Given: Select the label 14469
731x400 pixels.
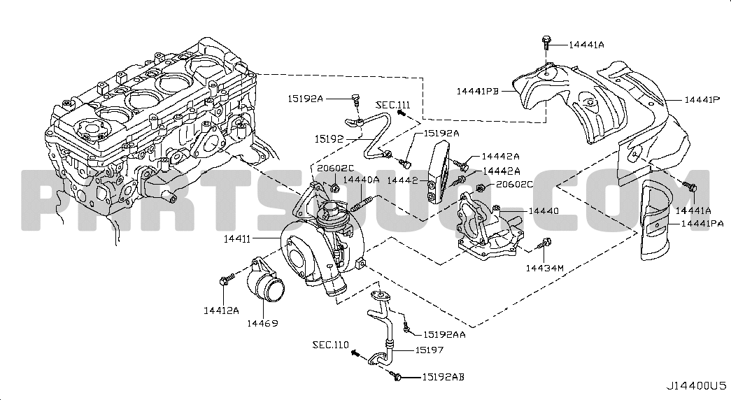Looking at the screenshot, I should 261,323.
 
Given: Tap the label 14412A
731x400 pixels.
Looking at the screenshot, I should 221,310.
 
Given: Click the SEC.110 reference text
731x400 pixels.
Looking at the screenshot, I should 331,345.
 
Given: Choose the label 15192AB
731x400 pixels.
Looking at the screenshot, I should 443,377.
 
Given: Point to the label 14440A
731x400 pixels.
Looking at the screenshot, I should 361,180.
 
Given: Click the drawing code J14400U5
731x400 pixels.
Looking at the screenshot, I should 696,386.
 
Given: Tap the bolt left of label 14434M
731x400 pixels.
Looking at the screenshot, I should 546,244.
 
